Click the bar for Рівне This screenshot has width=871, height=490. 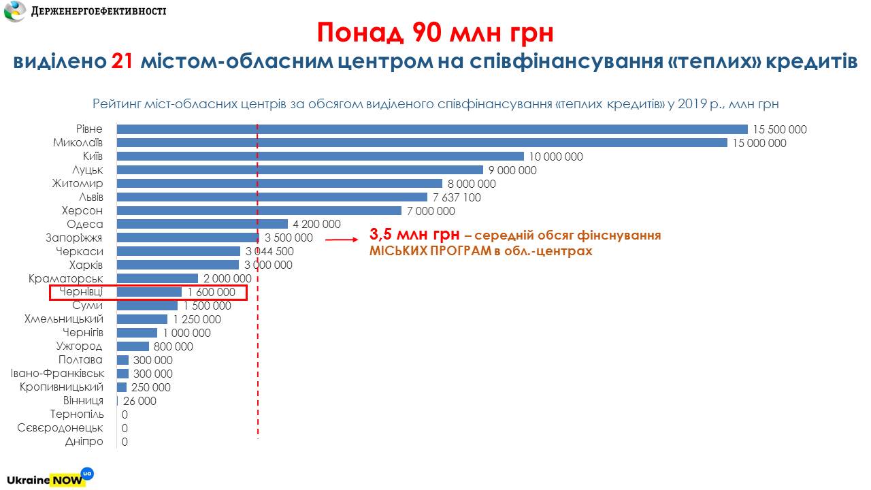point(432,129)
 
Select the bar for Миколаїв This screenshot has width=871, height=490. point(422,143)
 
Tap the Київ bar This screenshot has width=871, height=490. point(320,157)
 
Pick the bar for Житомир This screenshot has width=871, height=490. point(279,184)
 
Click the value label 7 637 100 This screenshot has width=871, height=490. point(457,197)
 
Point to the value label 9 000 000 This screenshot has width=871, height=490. point(512,170)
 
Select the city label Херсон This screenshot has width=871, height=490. point(82,211)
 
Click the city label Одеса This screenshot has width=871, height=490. point(85,225)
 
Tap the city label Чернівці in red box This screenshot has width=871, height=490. point(81,292)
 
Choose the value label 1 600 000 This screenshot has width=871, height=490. point(211,293)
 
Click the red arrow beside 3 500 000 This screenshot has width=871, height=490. point(342,240)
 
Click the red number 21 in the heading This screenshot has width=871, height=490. point(122,61)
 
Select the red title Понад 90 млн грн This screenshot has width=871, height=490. point(435,32)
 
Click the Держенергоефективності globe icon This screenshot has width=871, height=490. point(14,11)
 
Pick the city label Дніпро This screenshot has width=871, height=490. point(85,442)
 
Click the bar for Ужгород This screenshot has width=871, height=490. point(133,346)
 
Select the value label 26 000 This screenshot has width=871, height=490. point(139,402)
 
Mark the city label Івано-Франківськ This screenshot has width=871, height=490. point(57,374)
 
